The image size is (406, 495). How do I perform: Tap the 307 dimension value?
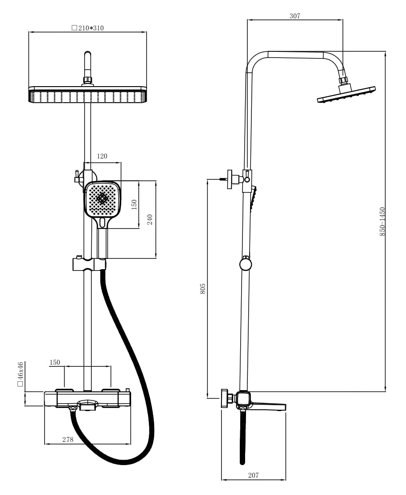click(x=295, y=16)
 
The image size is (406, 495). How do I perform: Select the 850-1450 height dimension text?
click(x=382, y=221)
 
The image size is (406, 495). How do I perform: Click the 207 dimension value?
click(x=253, y=475)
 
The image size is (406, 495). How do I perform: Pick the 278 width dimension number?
click(x=68, y=440)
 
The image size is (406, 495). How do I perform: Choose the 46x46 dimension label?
click(x=21, y=374)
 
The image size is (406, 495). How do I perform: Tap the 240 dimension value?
click(x=150, y=220)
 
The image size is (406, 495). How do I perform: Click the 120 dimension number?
click(x=102, y=156)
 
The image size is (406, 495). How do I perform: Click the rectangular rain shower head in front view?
click(x=87, y=96)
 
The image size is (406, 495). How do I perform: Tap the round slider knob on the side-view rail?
click(x=246, y=264)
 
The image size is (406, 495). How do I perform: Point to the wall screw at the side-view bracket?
click(x=223, y=179)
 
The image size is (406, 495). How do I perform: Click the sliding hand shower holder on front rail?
click(x=89, y=264)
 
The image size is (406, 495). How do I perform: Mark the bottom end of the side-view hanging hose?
click(x=242, y=462)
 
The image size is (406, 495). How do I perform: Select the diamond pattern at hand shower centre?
click(x=102, y=199)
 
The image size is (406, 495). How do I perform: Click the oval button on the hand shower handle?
click(x=103, y=222)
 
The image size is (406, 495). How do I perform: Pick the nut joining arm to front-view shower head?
click(x=87, y=80)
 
